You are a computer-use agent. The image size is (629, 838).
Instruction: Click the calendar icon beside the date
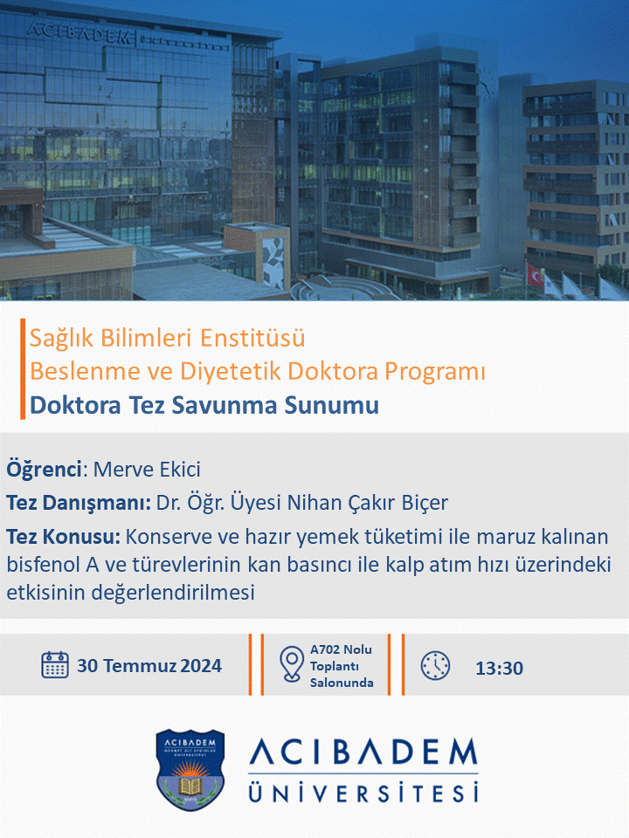(x=54, y=665)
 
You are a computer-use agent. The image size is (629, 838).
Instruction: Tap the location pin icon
(x=292, y=664)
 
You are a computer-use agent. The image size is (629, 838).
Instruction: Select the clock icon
(x=435, y=665)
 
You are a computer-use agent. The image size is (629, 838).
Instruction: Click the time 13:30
(x=499, y=668)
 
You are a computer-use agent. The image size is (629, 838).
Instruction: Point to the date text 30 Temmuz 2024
(x=149, y=665)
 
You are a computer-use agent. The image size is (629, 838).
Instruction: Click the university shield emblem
(x=190, y=770)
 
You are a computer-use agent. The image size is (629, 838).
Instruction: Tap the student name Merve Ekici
(x=147, y=470)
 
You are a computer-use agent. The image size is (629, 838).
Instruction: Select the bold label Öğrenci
(x=45, y=470)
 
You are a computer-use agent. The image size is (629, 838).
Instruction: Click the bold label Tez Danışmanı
(x=79, y=503)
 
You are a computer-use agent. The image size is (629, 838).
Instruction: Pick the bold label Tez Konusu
(x=64, y=536)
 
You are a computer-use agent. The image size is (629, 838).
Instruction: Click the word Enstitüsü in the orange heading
(x=252, y=338)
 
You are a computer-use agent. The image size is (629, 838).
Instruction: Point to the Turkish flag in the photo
(x=535, y=274)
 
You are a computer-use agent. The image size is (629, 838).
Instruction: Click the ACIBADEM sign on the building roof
(x=79, y=33)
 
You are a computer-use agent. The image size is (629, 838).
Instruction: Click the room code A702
(x=325, y=649)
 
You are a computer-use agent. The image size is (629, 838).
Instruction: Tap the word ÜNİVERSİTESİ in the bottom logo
(x=363, y=792)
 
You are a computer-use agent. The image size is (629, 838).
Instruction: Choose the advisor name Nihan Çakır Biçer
(x=368, y=503)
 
